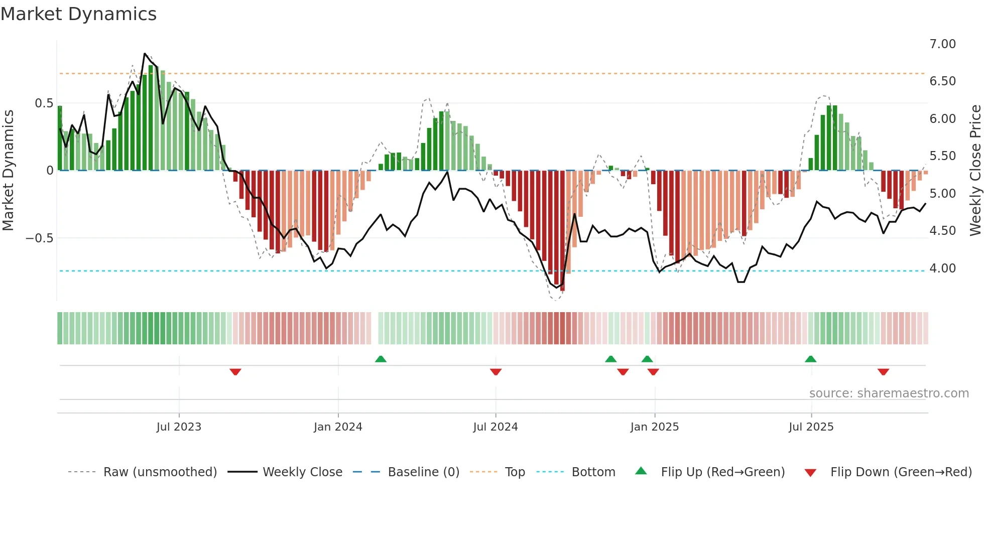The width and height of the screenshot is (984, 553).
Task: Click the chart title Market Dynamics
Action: point(79,14)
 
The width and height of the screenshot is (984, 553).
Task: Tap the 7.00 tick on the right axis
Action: point(942,44)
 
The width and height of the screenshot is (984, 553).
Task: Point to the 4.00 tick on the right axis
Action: point(942,268)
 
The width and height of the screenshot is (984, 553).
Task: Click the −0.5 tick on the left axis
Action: point(40,238)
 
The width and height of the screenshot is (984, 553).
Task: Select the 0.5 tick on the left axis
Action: point(44,103)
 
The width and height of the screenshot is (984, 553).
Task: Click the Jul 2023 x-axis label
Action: point(179,427)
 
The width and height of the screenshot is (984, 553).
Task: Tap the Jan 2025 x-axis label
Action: point(654,427)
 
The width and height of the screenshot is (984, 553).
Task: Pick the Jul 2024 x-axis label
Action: point(495,427)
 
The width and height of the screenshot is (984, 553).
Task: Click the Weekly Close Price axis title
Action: point(975,170)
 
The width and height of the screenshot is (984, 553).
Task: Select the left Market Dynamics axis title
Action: point(8,170)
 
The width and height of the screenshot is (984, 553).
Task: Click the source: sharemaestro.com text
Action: point(889,393)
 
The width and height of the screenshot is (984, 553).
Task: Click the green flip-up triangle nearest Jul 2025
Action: point(810,359)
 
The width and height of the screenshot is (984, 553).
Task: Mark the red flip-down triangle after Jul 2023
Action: point(235,371)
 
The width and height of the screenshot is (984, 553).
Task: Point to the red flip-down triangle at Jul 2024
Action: point(496,371)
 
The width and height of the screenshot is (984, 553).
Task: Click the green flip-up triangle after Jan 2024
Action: point(381,359)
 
